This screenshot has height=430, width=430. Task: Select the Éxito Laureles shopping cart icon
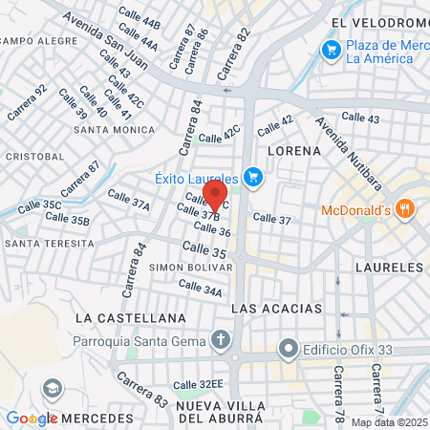click(252, 177)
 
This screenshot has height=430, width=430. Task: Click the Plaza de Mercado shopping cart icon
click(332, 49)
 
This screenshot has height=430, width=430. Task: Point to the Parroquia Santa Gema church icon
click(221, 341)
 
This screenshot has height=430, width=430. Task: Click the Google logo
click(32, 419)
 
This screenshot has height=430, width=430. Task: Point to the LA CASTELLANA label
click(130, 316)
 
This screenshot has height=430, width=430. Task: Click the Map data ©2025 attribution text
click(389, 422)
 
